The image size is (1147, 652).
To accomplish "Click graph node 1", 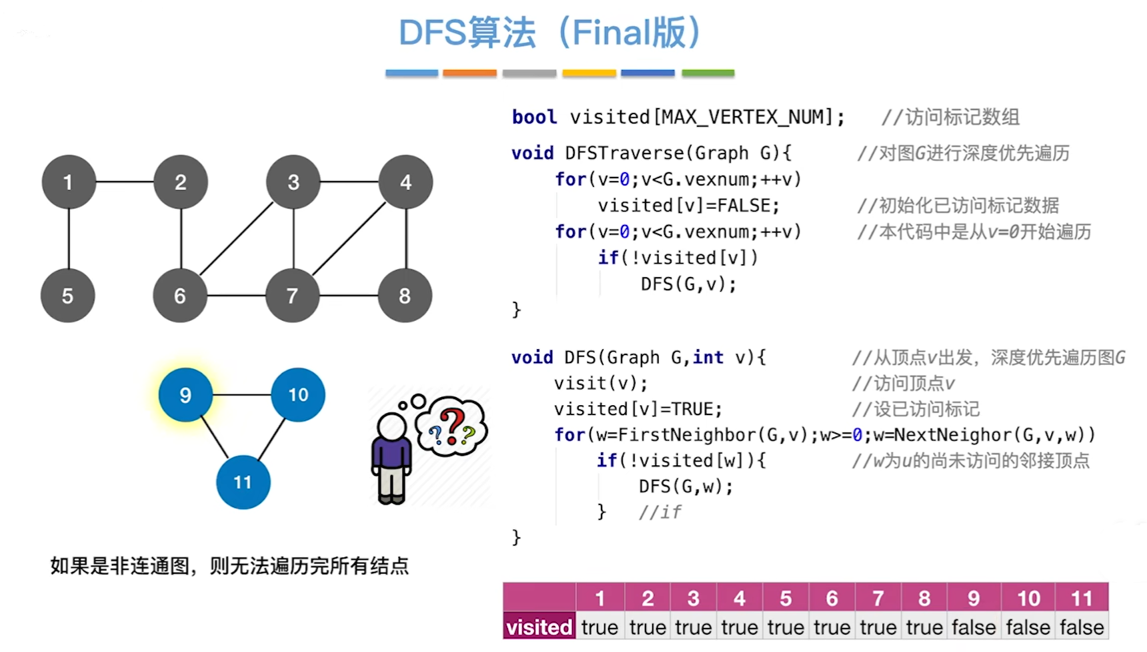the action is (x=68, y=182).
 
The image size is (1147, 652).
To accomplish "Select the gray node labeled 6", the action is (x=180, y=296).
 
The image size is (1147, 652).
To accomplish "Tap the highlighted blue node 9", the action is (x=185, y=395).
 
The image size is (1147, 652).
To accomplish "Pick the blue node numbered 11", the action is (x=243, y=482).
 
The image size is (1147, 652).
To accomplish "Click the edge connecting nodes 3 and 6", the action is (x=237, y=238).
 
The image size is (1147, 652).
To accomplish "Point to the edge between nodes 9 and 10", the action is (x=242, y=395).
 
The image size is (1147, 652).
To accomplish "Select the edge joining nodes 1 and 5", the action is (x=69, y=239).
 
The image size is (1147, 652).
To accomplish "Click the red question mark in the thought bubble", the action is (x=453, y=425).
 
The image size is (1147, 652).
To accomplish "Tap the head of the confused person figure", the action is (x=391, y=427).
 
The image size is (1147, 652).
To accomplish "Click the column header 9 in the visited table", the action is (x=974, y=598).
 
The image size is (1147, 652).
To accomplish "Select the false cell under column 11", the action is (x=1082, y=627).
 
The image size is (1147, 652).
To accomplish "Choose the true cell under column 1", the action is (x=600, y=627).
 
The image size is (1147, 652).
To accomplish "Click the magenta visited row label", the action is (x=539, y=627).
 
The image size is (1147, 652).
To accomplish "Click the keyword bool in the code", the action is (x=534, y=117).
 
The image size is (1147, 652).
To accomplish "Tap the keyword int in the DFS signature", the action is (x=708, y=358).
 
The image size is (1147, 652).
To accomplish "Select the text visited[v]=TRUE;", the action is (x=638, y=409).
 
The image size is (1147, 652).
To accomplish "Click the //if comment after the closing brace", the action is (x=660, y=512).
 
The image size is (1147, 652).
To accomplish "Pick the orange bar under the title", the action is (x=469, y=73).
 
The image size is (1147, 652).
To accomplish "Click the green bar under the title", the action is (x=708, y=73).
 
